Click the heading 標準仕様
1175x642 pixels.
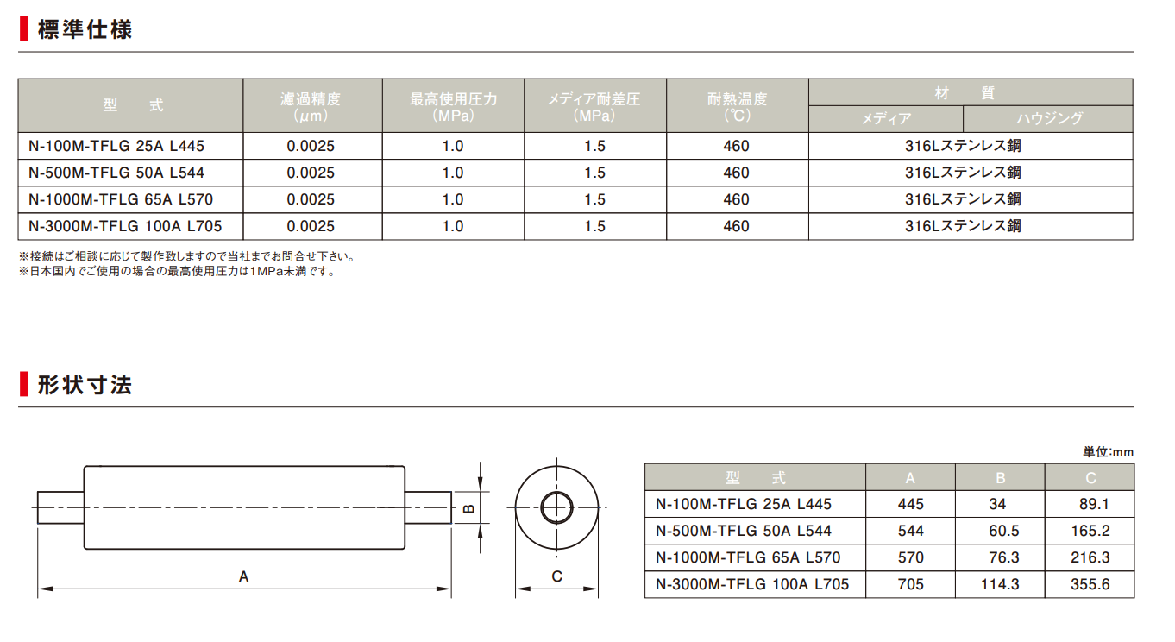(x=85, y=29)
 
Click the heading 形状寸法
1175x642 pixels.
(x=85, y=385)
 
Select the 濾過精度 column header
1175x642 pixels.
(x=311, y=106)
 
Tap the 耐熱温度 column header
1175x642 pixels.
(x=737, y=106)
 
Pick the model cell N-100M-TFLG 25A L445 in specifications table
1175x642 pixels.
(x=116, y=146)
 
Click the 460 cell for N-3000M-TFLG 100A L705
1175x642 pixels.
(x=737, y=226)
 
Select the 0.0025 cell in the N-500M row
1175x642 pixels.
(x=311, y=173)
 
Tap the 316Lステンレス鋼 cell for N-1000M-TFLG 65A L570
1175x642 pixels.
(x=963, y=199)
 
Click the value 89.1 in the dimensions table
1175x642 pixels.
(x=1094, y=504)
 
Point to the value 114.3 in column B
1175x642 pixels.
(x=1001, y=584)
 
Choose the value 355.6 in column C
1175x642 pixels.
(x=1090, y=584)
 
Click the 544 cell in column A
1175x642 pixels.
(x=911, y=531)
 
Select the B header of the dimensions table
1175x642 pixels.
(x=1001, y=478)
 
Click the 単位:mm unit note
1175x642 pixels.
(x=1109, y=452)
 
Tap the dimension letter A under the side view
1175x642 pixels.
(x=243, y=577)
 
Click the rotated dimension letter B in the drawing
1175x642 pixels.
(x=470, y=508)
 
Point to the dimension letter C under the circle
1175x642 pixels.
(x=557, y=577)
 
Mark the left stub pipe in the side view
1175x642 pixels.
(x=61, y=507)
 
